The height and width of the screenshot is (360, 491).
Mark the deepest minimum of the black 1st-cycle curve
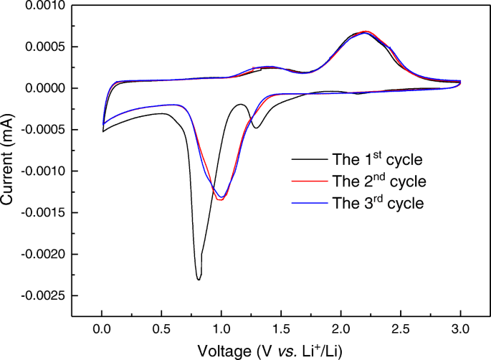199,279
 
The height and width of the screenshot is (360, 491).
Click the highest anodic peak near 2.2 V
365,32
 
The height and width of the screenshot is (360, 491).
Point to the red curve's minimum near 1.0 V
220,199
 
